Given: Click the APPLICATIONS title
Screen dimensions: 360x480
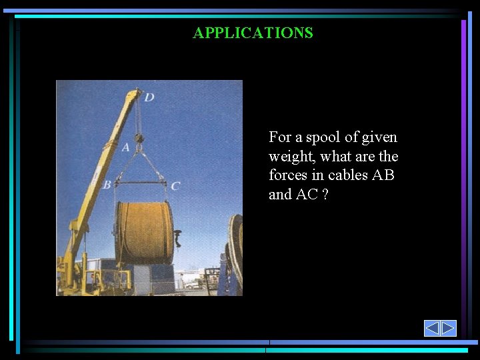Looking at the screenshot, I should click(253, 33).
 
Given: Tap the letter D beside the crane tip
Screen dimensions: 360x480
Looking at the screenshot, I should click(149, 97).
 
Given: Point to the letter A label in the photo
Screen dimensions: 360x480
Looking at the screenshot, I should click(126, 147).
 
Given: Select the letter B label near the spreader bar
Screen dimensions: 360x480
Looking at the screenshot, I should click(107, 185).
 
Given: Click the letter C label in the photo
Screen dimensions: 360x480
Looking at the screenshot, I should click(175, 186).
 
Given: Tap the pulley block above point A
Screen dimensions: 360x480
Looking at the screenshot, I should click(139, 138).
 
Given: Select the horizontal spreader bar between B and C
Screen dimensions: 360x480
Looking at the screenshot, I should click(140, 182).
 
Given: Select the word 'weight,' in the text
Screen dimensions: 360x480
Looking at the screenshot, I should click(290, 157).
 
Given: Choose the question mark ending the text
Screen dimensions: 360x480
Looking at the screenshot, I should click(325, 195).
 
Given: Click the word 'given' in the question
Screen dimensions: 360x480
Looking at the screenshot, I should click(379, 137).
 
